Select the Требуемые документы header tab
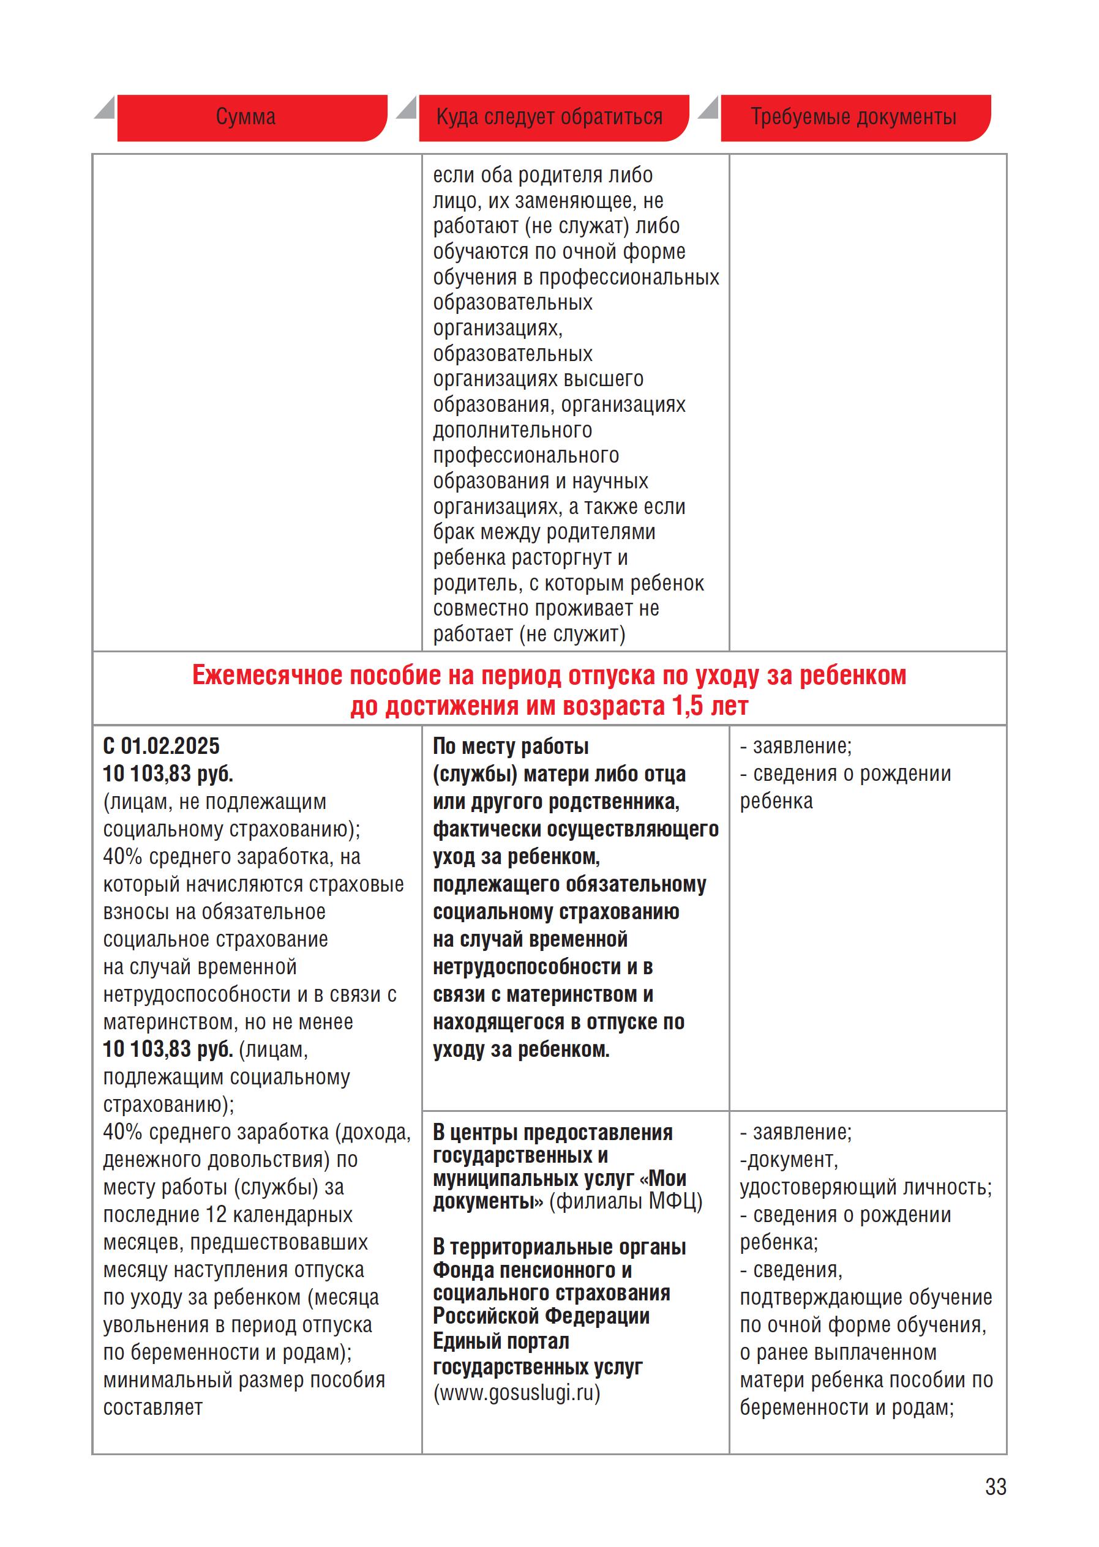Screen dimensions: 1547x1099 point(853,117)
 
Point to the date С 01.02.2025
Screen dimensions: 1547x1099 point(161,746)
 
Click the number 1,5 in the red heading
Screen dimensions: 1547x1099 point(688,707)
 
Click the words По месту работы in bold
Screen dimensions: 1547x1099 point(510,746)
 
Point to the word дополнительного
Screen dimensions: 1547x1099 point(512,430)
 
